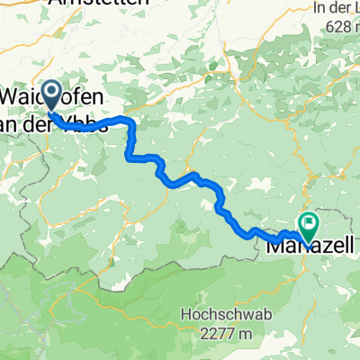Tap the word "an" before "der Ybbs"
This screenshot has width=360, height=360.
pos(15,125)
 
